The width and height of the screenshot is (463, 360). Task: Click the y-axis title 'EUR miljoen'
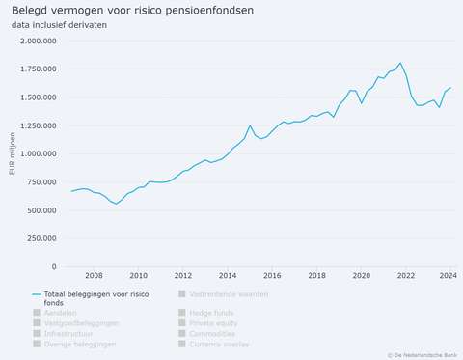pyautogui.click(x=12, y=154)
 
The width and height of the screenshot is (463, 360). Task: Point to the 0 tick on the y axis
pyautogui.click(x=55, y=267)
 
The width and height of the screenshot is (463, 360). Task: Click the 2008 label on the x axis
pyautogui.click(x=94, y=275)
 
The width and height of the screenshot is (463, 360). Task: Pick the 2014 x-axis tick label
pyautogui.click(x=228, y=275)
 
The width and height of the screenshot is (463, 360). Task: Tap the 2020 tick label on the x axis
pyautogui.click(x=362, y=275)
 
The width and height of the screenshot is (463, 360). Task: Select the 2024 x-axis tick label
pyautogui.click(x=448, y=275)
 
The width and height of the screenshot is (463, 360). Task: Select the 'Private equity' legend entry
pyautogui.click(x=215, y=323)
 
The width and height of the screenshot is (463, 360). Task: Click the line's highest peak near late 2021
pyautogui.click(x=400, y=63)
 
